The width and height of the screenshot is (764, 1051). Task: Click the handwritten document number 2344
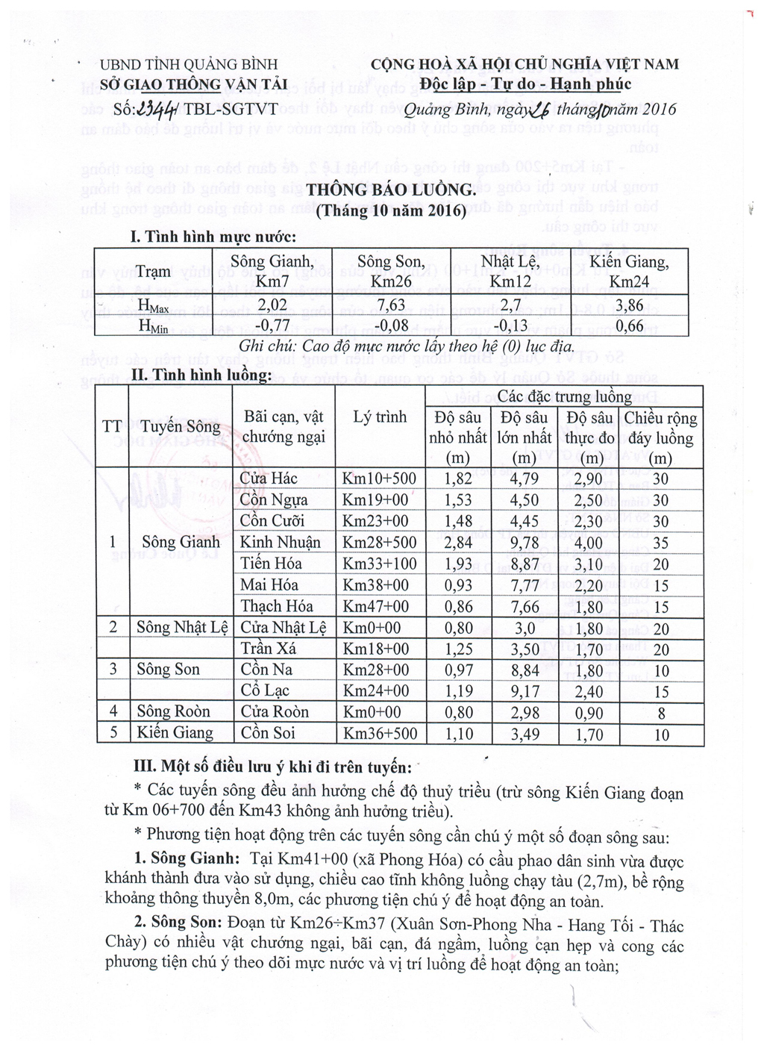point(158,109)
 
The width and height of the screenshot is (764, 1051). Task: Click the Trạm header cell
point(153,272)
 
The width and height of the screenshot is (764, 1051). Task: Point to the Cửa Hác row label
point(269,478)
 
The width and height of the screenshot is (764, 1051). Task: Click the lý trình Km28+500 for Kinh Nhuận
point(380,543)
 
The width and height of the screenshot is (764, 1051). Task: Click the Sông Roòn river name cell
point(174,711)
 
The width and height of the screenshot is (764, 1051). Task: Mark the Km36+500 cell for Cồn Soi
point(380,734)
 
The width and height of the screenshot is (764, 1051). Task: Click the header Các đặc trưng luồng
point(564,396)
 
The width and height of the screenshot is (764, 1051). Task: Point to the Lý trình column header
point(380,417)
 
